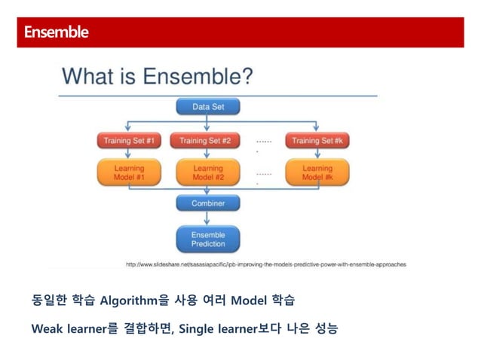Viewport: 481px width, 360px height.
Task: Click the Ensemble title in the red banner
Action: tap(56, 32)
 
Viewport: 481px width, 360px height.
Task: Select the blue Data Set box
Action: tap(207, 107)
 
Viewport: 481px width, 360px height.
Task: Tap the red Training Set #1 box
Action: tap(129, 140)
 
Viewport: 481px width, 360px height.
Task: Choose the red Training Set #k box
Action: tap(317, 140)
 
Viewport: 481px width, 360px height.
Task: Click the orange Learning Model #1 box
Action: tap(129, 172)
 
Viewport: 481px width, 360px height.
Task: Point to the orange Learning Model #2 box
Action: tap(207, 172)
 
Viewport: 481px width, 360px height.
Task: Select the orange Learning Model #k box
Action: tap(317, 172)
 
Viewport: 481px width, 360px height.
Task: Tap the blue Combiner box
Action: tap(207, 203)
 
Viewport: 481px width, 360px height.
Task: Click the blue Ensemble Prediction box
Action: tap(207, 239)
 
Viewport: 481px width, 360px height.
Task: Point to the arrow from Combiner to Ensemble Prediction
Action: tap(207, 219)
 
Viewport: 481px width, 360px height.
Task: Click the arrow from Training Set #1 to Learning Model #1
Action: tap(129, 154)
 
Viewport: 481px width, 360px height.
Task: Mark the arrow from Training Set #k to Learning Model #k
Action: tap(317, 154)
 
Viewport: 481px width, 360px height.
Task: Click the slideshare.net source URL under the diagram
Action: tap(265, 264)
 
